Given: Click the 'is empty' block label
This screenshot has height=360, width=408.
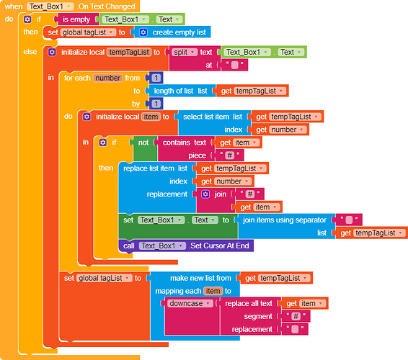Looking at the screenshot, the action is tap(76, 19).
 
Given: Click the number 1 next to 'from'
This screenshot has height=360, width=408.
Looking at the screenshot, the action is tap(156, 78).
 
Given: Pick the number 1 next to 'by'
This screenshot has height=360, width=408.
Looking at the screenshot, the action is tap(156, 104).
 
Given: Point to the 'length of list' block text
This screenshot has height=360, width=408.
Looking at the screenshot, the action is tap(174, 91).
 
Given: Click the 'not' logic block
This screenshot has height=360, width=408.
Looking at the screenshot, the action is tap(143, 143).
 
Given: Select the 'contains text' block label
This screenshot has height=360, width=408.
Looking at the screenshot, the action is tap(185, 143).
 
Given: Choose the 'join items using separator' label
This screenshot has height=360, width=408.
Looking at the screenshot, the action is tap(285, 220).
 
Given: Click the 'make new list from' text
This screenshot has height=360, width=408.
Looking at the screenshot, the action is tap(200, 278).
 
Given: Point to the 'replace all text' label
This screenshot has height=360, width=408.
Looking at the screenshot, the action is tap(249, 304).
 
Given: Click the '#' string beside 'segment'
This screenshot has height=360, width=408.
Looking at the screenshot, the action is tap(296, 316).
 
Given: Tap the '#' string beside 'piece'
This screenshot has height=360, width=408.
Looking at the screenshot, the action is tap(230, 156).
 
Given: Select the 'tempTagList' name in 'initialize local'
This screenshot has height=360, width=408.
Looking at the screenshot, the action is tap(129, 53).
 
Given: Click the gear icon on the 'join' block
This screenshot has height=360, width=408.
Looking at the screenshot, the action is tap(205, 194).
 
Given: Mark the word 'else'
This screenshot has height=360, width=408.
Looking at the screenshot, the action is tap(30, 52).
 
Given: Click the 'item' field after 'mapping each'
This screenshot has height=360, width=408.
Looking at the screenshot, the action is tap(213, 291).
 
